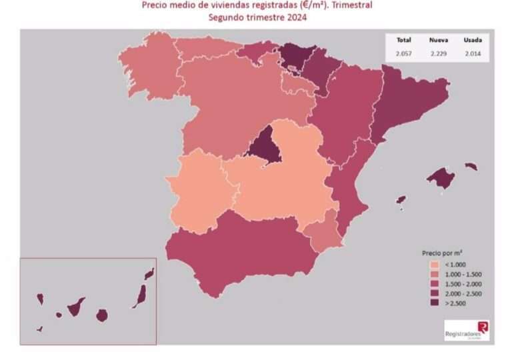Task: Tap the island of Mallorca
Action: pos(441,177)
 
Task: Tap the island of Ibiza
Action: pos(401,200)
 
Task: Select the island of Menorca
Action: pos(471,166)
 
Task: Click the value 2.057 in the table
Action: pos(403,52)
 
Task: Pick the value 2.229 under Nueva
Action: pos(438,52)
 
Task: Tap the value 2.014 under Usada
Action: pos(473,52)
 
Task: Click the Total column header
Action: pos(403,40)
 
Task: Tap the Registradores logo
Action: pos(467,329)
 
